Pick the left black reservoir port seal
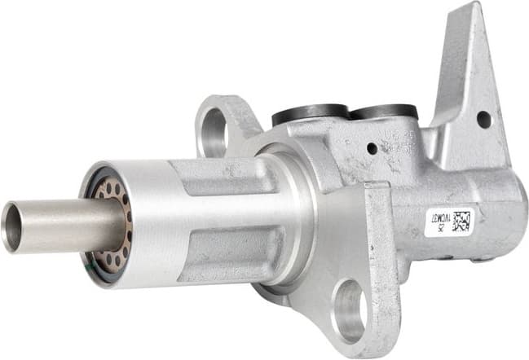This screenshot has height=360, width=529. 310,115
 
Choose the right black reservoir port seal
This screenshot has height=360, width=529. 384,113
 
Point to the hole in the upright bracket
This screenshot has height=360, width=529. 484,119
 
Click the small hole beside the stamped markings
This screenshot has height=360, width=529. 372,148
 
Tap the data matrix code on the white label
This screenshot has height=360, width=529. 461,221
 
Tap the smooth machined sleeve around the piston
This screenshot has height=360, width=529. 147,220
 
